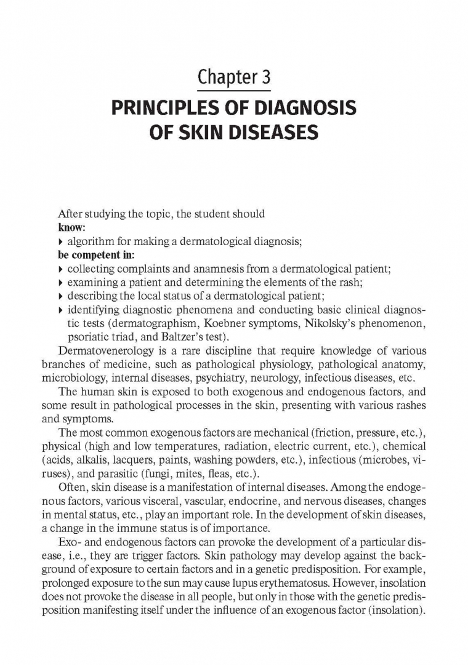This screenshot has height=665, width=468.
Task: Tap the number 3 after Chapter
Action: pyautogui.click(x=265, y=78)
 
